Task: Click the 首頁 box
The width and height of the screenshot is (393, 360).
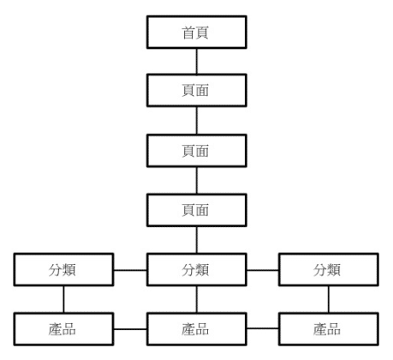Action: (x=197, y=32)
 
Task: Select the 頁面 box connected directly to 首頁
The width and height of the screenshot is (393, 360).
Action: (x=197, y=90)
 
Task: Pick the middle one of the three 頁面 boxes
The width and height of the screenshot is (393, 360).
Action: (x=197, y=151)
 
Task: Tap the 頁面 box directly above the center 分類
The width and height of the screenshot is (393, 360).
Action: (x=197, y=210)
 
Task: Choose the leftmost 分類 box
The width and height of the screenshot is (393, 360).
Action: (x=63, y=269)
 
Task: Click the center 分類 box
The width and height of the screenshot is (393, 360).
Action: (x=197, y=269)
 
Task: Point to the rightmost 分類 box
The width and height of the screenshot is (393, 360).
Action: (x=329, y=269)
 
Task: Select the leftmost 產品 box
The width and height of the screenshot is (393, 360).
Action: (x=63, y=329)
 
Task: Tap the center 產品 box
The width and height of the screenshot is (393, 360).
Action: (x=197, y=329)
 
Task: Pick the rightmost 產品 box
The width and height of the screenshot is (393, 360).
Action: (x=329, y=329)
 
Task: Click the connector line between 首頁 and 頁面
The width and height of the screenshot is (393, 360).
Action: (x=197, y=61)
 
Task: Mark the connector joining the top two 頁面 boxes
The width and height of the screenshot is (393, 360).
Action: (x=197, y=120)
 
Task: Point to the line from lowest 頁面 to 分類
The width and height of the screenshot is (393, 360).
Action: (x=197, y=240)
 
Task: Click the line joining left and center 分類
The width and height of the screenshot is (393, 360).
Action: (x=130, y=270)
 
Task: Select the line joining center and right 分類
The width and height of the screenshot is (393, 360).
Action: (x=263, y=270)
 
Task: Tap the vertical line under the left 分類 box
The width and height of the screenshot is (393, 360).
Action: (x=63, y=299)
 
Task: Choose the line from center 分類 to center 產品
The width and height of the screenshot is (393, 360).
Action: (x=197, y=299)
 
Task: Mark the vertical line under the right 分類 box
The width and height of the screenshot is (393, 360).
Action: (x=329, y=299)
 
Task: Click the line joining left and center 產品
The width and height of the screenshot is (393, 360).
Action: (x=130, y=329)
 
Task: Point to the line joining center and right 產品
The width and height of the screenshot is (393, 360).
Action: (x=263, y=328)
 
